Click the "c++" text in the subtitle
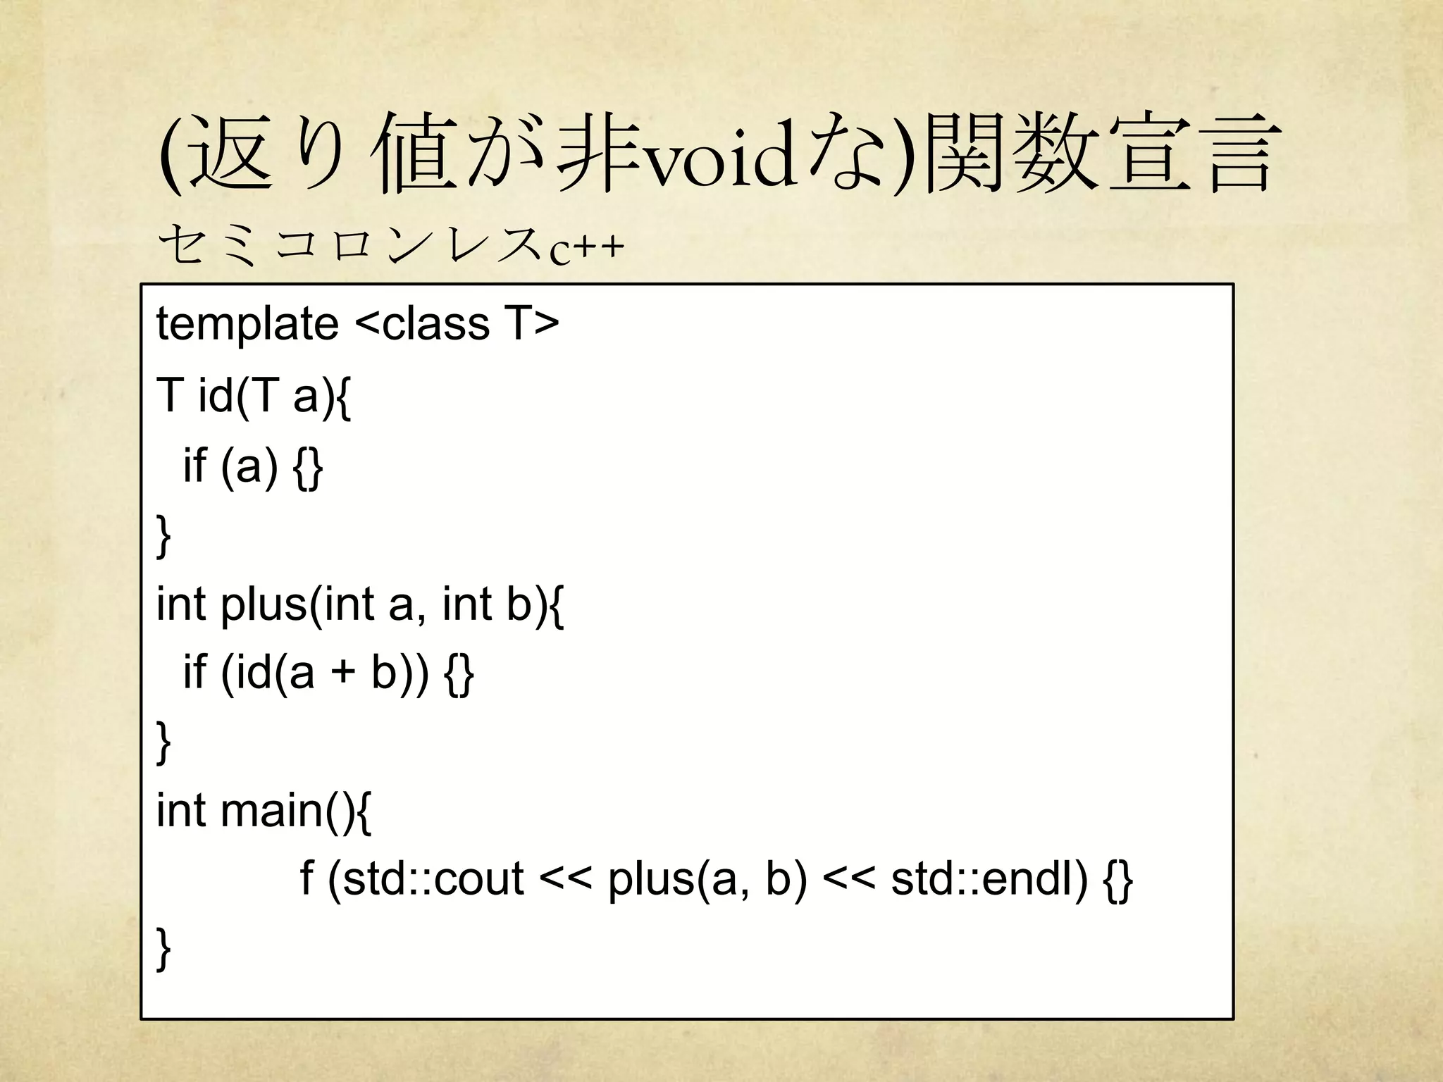click(x=586, y=248)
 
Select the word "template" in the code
click(x=247, y=324)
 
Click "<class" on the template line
click(x=422, y=324)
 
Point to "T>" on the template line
click(x=531, y=324)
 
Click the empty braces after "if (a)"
click(x=309, y=466)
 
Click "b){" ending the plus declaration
click(x=535, y=604)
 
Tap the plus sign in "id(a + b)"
click(x=343, y=673)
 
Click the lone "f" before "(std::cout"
click(x=306, y=878)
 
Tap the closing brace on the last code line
click(x=163, y=950)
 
